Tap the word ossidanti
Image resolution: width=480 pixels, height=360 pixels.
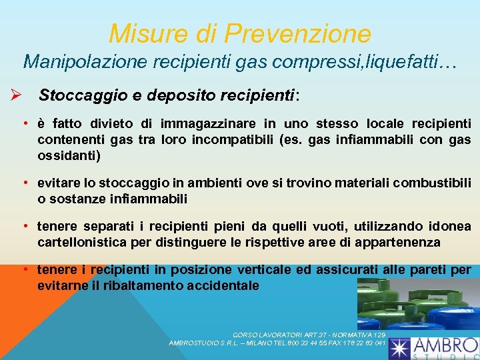69,155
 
